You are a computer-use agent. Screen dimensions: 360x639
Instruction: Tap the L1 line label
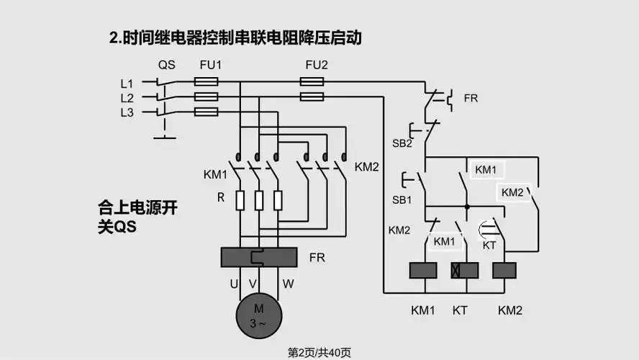point(127,83)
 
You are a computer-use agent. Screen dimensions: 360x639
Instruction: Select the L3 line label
point(127,112)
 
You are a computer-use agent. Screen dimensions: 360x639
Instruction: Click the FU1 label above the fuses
point(210,65)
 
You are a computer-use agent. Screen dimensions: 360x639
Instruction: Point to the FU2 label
point(316,65)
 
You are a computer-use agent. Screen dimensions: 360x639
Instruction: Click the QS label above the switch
point(166,65)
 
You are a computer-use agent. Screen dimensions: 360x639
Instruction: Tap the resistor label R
point(222,197)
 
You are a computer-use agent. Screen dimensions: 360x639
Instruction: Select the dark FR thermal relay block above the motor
point(258,257)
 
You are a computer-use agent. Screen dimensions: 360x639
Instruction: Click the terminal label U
point(234,284)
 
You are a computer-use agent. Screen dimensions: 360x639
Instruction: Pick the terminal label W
point(288,284)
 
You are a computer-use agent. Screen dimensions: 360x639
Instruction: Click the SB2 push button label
point(402,143)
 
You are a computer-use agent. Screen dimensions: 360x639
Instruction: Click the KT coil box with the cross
point(464,270)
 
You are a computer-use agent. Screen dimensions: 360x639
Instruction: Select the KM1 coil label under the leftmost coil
point(423,310)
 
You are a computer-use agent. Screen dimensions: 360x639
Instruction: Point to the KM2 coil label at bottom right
point(509,310)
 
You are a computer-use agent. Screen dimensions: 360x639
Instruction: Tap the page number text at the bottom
point(319,352)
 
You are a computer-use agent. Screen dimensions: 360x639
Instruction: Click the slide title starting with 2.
point(235,38)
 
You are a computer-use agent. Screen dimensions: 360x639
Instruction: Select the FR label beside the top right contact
point(471,98)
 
